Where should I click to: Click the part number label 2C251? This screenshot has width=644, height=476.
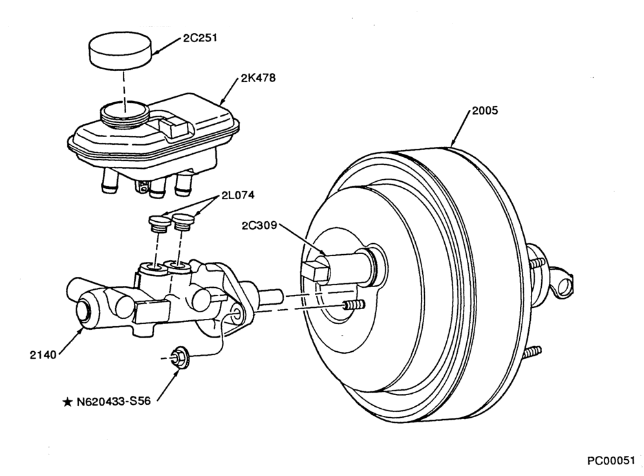tap(200, 38)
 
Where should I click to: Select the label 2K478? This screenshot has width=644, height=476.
tap(258, 78)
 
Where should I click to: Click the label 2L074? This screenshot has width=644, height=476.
tap(238, 195)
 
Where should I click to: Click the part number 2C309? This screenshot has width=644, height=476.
tap(259, 226)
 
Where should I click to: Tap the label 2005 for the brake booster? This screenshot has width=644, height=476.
tap(485, 111)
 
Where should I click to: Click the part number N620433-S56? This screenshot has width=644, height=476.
tap(114, 401)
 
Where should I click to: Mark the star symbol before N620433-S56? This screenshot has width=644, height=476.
tap(67, 402)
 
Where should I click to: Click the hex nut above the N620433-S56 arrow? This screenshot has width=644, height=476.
tap(178, 358)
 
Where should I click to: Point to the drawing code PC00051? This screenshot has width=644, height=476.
tap(611, 461)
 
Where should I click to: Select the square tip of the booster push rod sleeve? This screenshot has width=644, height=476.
tap(316, 271)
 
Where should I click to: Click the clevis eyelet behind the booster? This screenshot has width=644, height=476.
tap(564, 283)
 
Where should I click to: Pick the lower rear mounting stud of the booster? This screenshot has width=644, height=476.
tap(532, 352)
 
